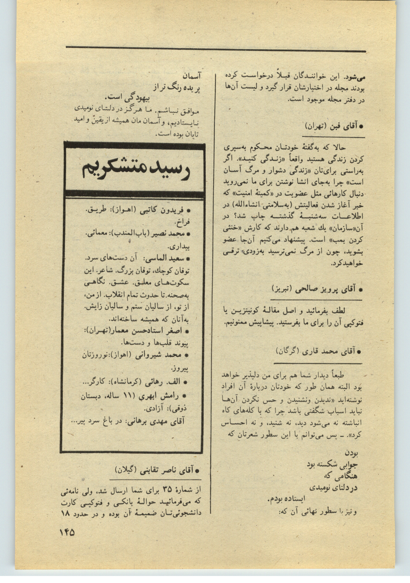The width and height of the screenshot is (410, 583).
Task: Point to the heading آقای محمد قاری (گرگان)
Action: point(318,351)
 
